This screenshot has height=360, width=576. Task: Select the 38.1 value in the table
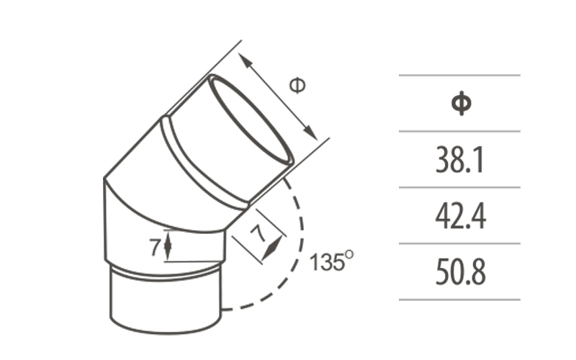[459, 161]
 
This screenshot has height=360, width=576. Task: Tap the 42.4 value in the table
[459, 216]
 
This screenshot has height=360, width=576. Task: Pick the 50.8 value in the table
[459, 272]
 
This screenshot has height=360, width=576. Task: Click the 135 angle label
[326, 263]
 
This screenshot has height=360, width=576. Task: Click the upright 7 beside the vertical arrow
[155, 247]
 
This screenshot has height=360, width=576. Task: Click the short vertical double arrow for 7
[168, 246]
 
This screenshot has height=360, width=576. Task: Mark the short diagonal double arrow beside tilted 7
[271, 247]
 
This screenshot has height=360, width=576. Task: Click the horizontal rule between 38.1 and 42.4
[459, 188]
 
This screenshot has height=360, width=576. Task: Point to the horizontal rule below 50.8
[459, 300]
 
